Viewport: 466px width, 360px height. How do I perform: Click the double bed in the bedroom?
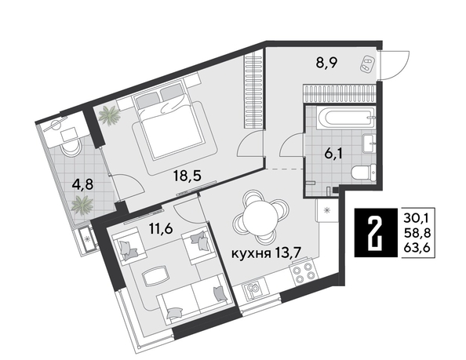click(170, 122)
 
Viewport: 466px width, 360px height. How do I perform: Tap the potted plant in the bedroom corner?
click(107, 116)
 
